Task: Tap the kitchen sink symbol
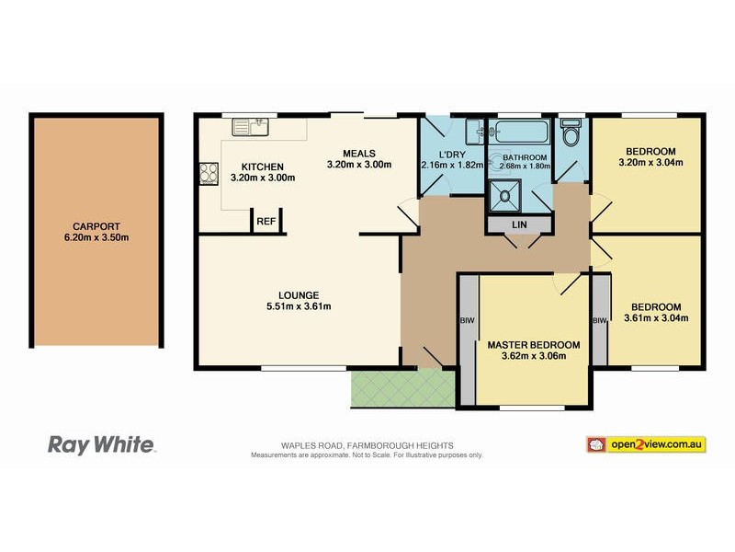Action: point(249,126)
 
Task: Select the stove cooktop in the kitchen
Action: point(207,175)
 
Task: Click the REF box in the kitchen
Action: point(266,222)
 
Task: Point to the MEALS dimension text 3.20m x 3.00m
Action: point(359,165)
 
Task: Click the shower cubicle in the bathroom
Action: point(503,194)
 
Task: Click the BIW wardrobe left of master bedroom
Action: point(466,321)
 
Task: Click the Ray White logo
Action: point(101,445)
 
